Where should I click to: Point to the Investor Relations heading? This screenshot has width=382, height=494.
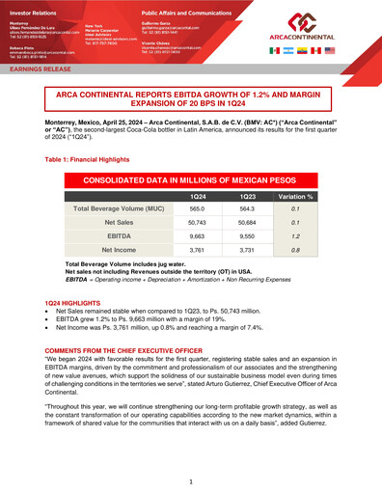coord(32,8)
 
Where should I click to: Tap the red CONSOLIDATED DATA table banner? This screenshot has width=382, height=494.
coord(191,179)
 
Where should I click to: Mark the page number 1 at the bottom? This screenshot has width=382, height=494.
coord(191,480)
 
